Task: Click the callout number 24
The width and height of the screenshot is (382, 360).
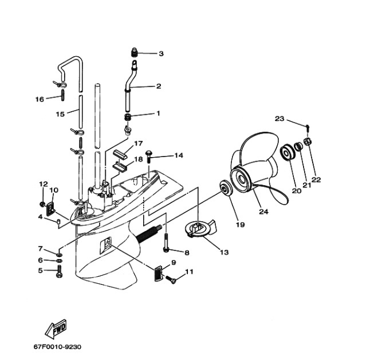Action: (263, 212)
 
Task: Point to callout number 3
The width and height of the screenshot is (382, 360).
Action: (161, 53)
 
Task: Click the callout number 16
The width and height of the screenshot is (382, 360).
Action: (40, 99)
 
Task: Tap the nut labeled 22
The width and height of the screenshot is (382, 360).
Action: (308, 142)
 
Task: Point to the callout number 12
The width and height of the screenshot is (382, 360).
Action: (43, 184)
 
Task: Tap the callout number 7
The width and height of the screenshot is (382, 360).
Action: (40, 249)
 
